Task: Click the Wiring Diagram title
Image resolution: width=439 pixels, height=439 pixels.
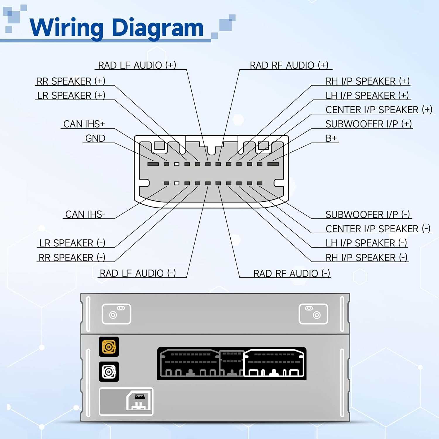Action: click(116, 28)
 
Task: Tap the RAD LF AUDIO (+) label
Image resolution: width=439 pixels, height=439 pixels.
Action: click(137, 65)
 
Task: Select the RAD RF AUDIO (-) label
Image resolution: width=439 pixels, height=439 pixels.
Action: click(291, 273)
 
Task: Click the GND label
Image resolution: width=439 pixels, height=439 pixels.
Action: click(95, 138)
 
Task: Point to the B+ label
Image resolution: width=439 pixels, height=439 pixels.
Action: click(331, 138)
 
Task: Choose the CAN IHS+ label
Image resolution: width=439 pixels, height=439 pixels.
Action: click(84, 124)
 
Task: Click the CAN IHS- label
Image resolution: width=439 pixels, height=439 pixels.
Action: click(85, 214)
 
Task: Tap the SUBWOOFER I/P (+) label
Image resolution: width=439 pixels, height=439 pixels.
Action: click(368, 124)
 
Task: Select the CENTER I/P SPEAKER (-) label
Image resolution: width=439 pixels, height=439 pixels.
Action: click(378, 229)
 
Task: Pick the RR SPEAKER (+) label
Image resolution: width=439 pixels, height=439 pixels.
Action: click(71, 81)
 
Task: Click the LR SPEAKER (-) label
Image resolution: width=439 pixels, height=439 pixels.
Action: click(72, 243)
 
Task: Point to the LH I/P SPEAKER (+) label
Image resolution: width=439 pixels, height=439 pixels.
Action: click(367, 95)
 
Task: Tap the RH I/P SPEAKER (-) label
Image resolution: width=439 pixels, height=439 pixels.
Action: click(366, 258)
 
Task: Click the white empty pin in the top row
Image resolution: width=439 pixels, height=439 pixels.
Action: click(176, 164)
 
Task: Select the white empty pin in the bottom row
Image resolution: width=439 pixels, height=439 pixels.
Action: click(176, 184)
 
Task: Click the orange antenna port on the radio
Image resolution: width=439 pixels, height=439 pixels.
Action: click(109, 347)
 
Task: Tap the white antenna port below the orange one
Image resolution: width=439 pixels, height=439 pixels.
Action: click(109, 372)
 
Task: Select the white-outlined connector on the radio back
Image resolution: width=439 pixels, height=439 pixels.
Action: click(274, 363)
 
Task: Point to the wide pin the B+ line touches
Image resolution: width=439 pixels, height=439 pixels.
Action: click(273, 164)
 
